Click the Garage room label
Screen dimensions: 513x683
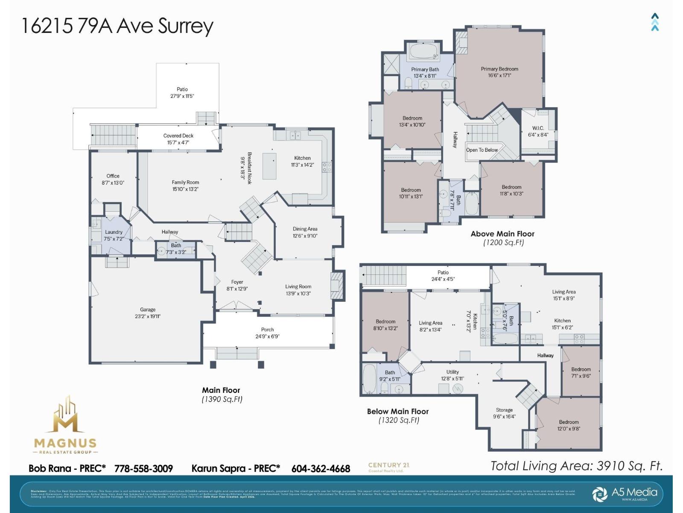tap(148, 313)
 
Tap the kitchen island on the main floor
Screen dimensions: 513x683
tap(269, 165)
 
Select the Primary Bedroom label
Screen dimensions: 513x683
tap(499, 72)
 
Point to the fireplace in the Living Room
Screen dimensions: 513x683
tap(337, 286)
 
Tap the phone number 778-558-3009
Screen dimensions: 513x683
tap(143, 469)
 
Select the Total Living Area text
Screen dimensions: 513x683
tap(576, 466)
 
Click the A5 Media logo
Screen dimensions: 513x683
tap(626, 493)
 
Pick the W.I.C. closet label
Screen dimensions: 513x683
tap(538, 131)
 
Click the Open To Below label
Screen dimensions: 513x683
tap(482, 150)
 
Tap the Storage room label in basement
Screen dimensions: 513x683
tap(504, 413)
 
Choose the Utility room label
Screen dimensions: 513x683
tap(452, 375)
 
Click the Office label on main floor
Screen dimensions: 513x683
tap(113, 179)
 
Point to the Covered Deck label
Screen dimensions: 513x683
tap(178, 139)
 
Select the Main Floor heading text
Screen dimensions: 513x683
tap(221, 390)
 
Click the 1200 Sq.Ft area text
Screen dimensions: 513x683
tap(503, 242)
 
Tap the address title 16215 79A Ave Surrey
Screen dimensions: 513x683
tap(117, 26)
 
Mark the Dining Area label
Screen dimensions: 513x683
tap(305, 232)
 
